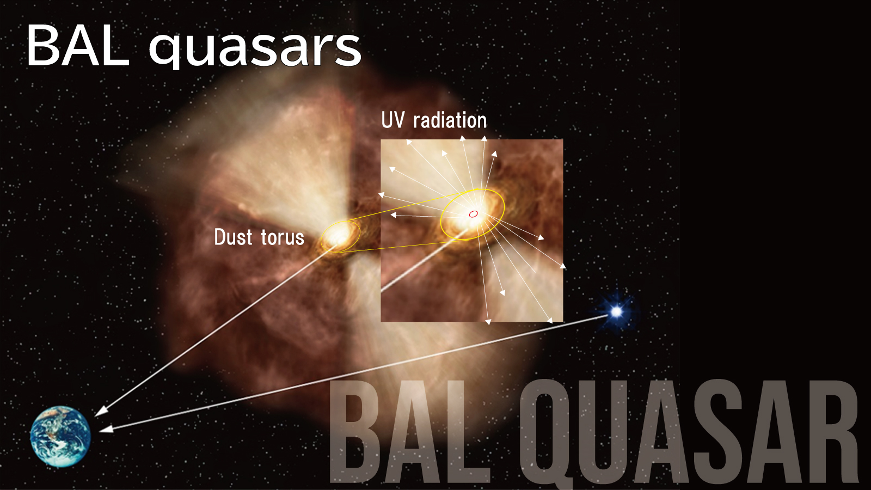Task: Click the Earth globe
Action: click(x=60, y=436)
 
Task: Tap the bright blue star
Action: click(x=616, y=311)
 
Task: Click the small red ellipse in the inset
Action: click(x=473, y=214)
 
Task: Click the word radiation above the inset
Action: click(x=450, y=120)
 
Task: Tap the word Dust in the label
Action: click(x=233, y=237)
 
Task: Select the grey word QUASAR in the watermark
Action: click(x=689, y=432)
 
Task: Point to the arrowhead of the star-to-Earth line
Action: click(x=106, y=429)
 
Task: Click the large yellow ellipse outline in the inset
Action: click(x=441, y=218)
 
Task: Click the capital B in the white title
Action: click(x=40, y=46)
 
